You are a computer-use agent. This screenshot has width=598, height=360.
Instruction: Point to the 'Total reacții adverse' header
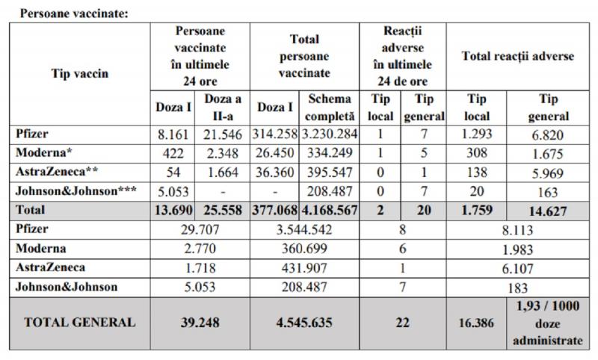517,55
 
